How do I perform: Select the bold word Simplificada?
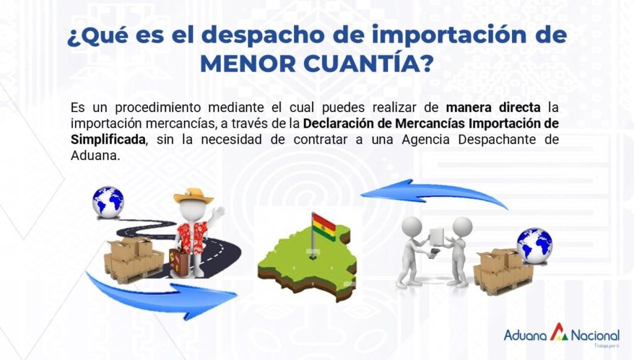[x=108, y=139]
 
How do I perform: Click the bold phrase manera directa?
[x=493, y=108]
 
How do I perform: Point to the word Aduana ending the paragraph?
[x=95, y=156]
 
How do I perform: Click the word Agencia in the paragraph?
[x=425, y=140]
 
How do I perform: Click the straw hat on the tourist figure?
[x=194, y=196]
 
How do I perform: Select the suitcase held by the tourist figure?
[x=178, y=262]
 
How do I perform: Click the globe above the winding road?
[x=108, y=202]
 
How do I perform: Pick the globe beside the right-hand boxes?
[x=534, y=245]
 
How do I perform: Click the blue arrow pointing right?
[x=162, y=294]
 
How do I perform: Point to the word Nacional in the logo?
[x=595, y=335]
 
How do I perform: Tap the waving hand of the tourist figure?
[x=219, y=213]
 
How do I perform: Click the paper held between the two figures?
[x=436, y=237]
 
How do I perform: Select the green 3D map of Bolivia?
[x=307, y=263]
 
